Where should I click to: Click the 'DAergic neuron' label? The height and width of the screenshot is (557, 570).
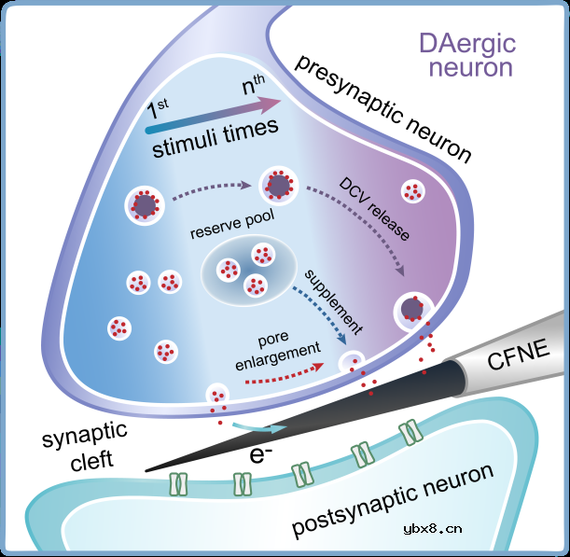466,55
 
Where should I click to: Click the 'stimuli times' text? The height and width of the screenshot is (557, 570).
215,135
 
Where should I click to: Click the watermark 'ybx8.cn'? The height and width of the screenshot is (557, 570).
432,529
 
